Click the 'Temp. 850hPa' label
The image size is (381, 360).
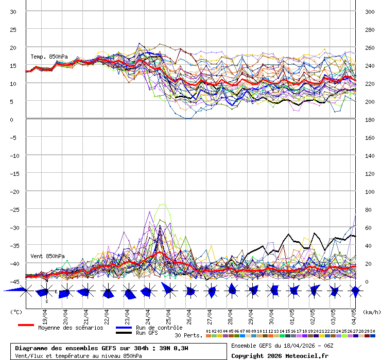[x=49, y=57]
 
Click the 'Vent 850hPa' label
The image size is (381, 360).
[x=47, y=256]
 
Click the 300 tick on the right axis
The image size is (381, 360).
[x=370, y=12]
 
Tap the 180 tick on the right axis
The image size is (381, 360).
[x=370, y=120]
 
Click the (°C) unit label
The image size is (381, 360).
[x=16, y=312]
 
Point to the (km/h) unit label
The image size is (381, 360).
[x=371, y=312]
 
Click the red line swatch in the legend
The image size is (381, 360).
[x=26, y=325]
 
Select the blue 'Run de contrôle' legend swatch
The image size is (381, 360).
[x=124, y=328]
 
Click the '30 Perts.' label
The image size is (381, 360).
[x=188, y=335]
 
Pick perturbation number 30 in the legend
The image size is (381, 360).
[x=372, y=331]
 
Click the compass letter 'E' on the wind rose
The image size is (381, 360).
[x=56, y=292]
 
